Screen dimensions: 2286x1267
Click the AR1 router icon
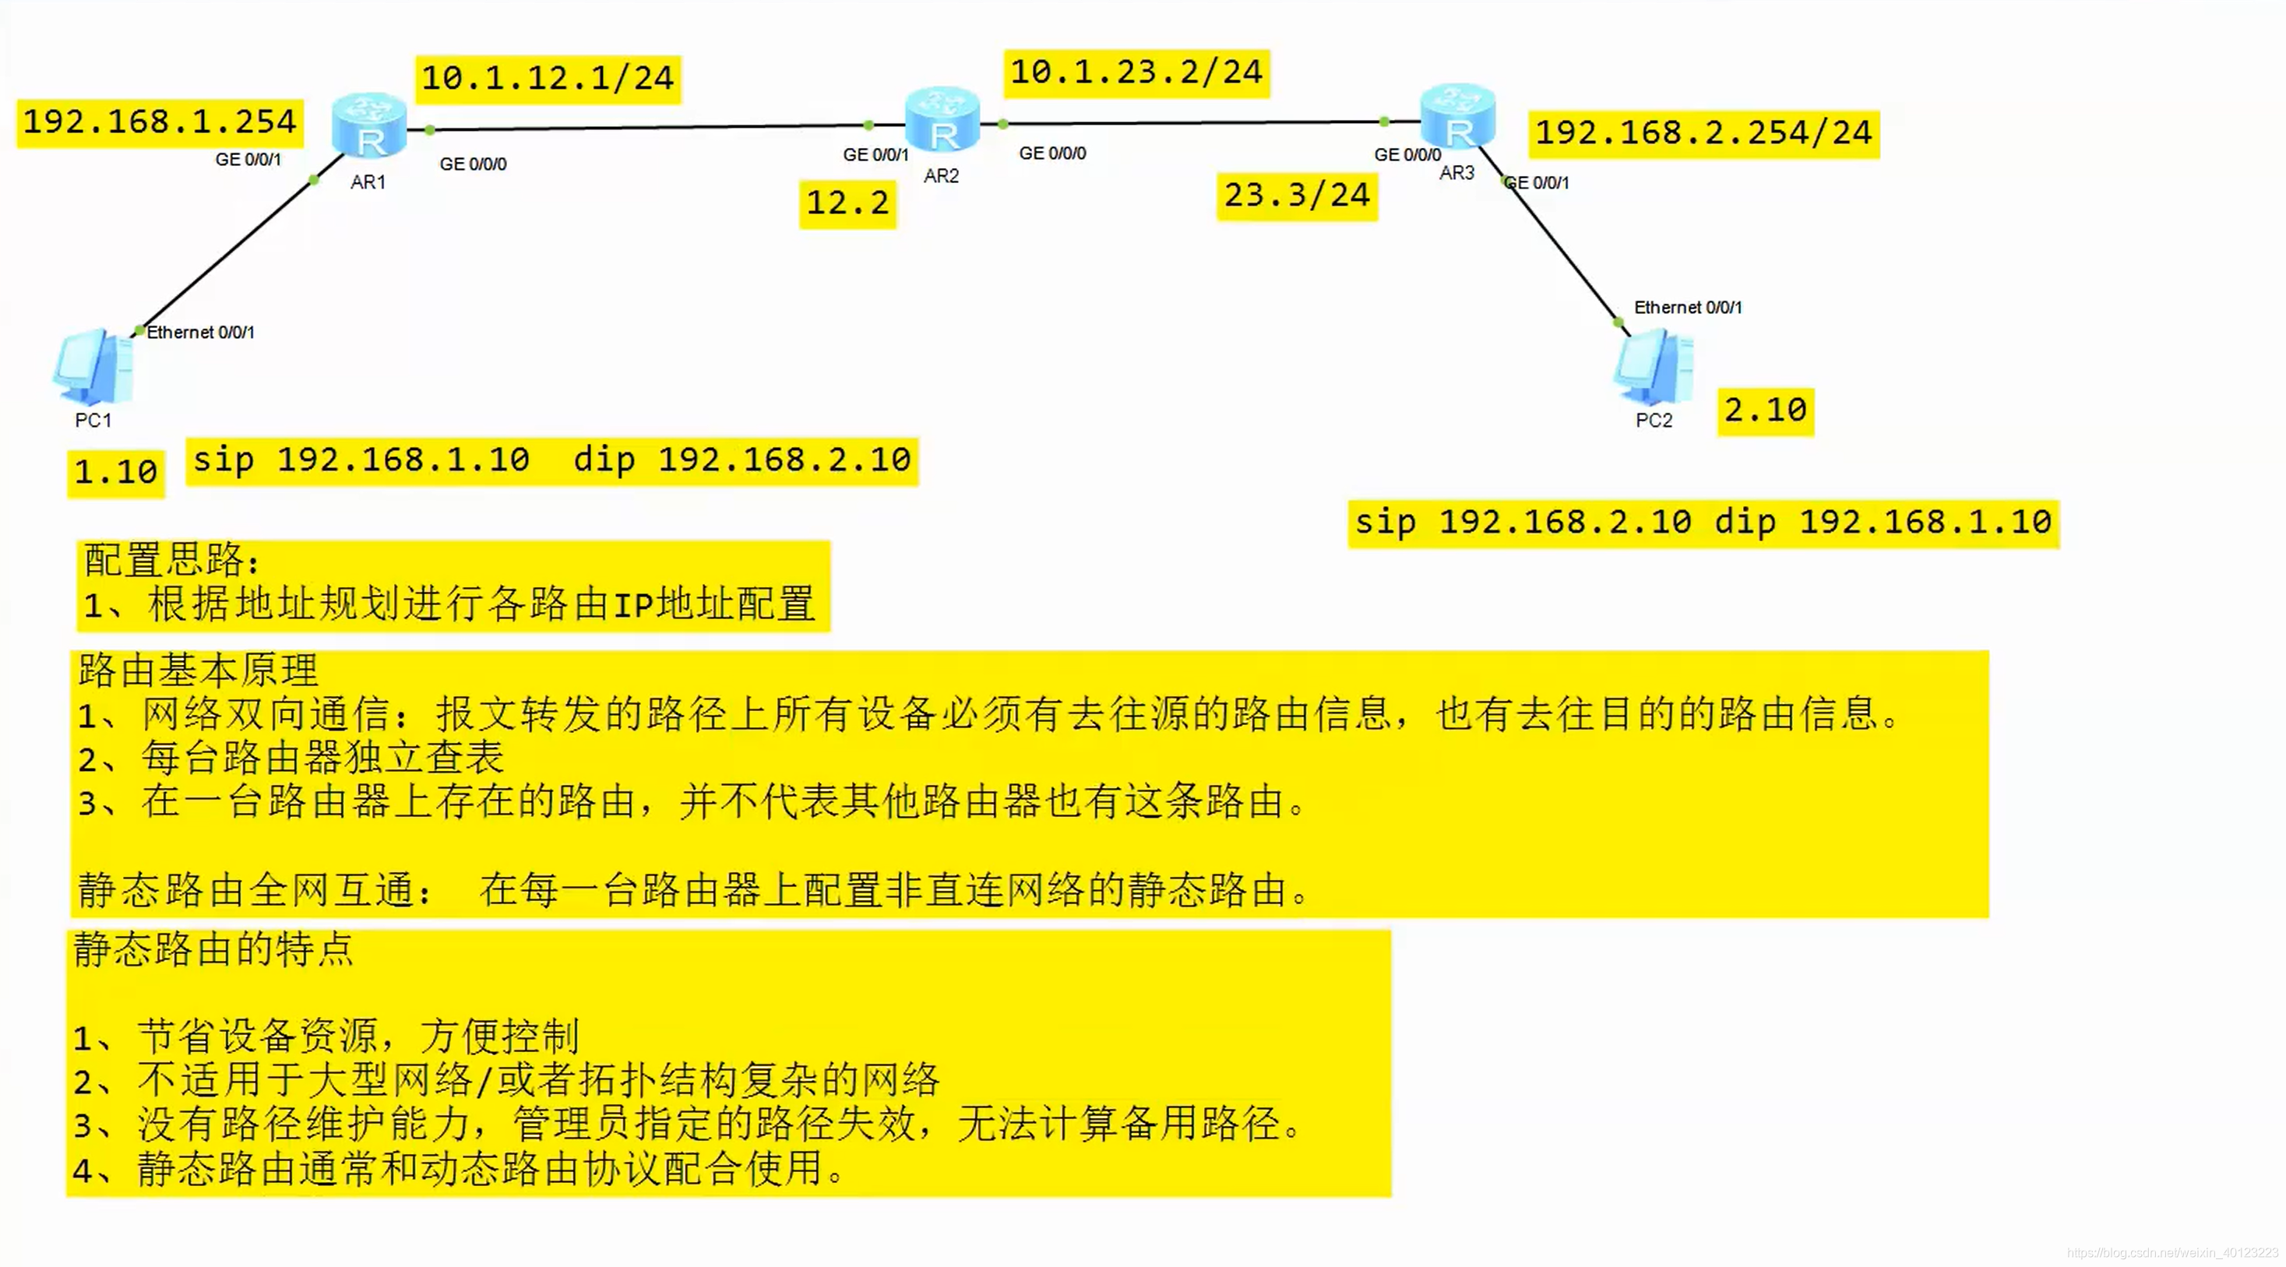point(369,127)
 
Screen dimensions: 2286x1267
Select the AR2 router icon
point(942,121)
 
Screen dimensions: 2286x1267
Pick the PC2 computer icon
point(1654,367)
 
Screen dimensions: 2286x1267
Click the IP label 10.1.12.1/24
point(548,79)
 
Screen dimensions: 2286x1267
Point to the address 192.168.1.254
point(160,122)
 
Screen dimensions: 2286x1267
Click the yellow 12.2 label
point(847,203)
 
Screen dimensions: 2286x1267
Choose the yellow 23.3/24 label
point(1297,195)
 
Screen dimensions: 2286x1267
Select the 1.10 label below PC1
point(115,472)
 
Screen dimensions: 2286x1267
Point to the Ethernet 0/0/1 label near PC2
point(1688,308)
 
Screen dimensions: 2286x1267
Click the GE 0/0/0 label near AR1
point(473,164)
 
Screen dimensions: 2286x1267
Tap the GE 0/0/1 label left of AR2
point(875,155)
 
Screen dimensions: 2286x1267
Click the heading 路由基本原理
point(197,670)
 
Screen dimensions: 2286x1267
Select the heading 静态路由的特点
point(213,950)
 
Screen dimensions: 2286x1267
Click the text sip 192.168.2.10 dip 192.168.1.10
point(1703,523)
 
